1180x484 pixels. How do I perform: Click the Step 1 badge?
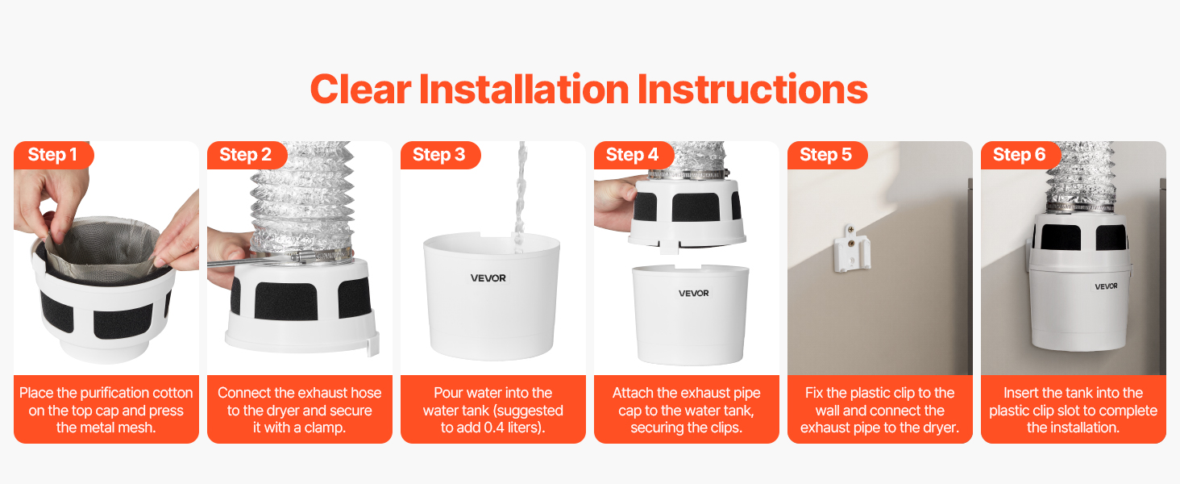coord(53,155)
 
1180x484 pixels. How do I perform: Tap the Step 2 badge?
coord(247,155)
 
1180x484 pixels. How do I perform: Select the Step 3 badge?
coord(440,155)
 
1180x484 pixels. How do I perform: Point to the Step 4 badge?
coord(634,155)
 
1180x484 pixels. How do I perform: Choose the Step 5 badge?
coord(826,155)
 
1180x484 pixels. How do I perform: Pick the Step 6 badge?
coord(1020,155)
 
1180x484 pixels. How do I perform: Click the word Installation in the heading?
coord(524,89)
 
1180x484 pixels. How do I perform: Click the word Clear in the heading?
coord(360,89)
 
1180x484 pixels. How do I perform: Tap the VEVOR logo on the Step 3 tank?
coord(488,277)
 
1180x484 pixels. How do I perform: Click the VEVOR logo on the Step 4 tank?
coord(694,293)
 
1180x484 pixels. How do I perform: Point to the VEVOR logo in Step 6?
coord(1106,286)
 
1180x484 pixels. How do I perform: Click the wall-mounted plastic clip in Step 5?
coord(851,248)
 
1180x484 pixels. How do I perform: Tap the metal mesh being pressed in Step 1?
coord(102,248)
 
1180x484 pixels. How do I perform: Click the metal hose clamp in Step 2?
coord(295,257)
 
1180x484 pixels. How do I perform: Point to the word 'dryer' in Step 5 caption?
coord(941,428)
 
